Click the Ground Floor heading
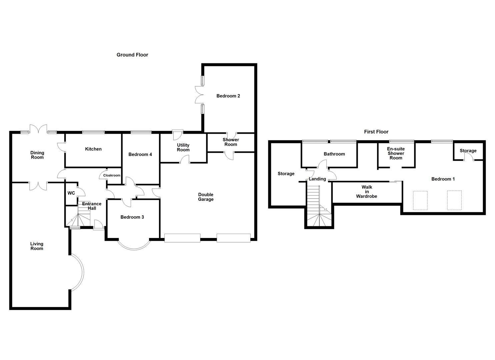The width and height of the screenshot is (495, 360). (x=132, y=55)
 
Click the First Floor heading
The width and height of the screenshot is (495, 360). (x=376, y=132)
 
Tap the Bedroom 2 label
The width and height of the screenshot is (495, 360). (x=228, y=96)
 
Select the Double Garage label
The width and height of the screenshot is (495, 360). (x=206, y=197)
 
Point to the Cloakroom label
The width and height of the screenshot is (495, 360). (x=112, y=175)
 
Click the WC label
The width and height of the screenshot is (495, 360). (x=71, y=193)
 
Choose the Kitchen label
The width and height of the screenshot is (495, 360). (x=93, y=149)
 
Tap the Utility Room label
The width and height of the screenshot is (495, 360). (x=183, y=147)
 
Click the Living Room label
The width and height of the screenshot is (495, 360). (x=37, y=246)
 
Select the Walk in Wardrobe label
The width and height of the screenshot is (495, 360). (x=367, y=192)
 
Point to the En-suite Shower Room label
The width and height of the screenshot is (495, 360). (x=396, y=153)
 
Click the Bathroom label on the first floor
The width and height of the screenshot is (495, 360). (x=334, y=154)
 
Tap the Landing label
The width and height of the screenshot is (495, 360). (x=317, y=179)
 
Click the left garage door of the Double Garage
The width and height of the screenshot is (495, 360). (x=182, y=238)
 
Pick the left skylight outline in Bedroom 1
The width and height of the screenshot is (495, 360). (x=420, y=200)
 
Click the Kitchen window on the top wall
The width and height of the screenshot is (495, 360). (x=93, y=132)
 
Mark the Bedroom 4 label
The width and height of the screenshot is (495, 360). (x=140, y=154)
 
